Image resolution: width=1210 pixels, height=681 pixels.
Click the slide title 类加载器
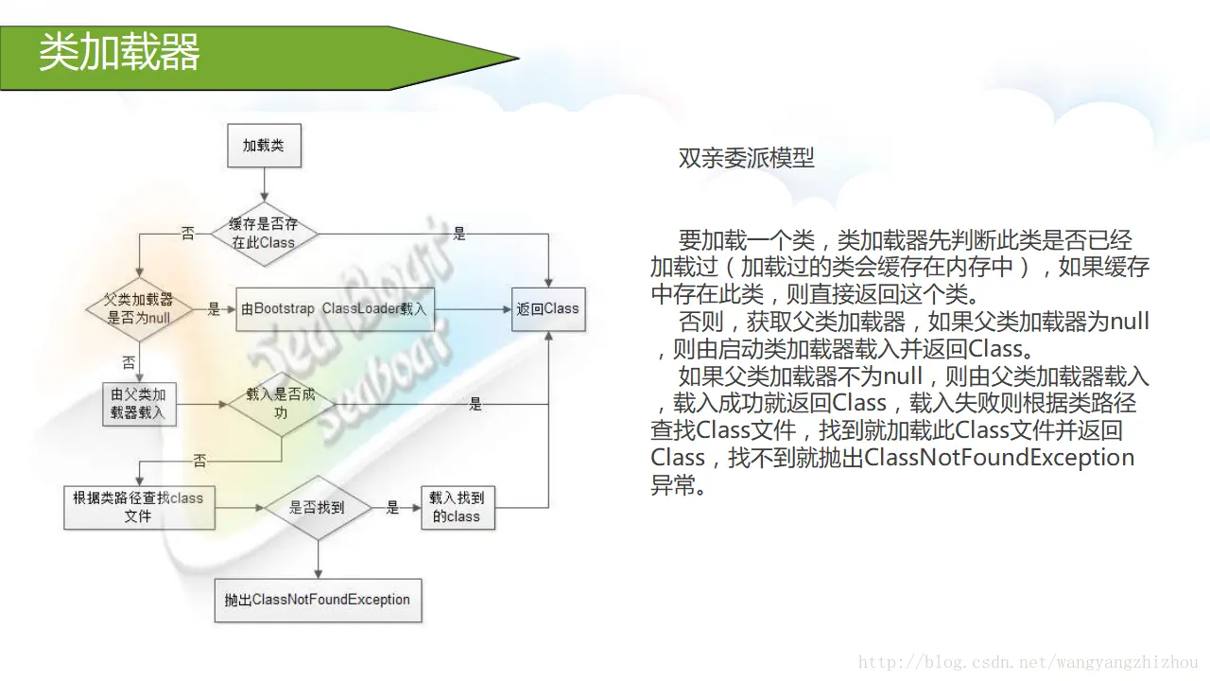tap(119, 54)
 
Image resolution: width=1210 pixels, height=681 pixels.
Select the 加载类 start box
tap(264, 146)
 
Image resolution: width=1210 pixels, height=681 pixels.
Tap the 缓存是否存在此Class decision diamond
tap(264, 233)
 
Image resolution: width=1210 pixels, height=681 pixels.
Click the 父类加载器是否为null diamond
tap(139, 309)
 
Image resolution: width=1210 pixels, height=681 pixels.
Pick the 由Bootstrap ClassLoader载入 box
tap(335, 309)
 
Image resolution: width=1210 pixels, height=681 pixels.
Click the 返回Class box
tap(548, 308)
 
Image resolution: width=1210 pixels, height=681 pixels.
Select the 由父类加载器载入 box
tap(138, 404)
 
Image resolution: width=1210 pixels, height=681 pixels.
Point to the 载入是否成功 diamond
tap(281, 403)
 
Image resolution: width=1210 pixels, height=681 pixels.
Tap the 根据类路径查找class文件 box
tap(138, 507)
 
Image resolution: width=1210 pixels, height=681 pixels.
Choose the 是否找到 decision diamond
tap(317, 508)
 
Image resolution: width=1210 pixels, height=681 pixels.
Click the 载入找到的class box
tap(457, 507)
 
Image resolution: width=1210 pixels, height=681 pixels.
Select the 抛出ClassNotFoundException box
tap(318, 600)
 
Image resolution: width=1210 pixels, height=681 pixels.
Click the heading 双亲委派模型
tap(747, 158)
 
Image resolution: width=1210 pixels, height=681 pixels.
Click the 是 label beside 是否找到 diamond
tap(392, 508)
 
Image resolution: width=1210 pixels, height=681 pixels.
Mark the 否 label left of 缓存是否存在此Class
tap(187, 234)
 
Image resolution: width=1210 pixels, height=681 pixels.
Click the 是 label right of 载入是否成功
tap(475, 404)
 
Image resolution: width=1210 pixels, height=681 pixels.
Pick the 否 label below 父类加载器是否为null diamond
tap(129, 361)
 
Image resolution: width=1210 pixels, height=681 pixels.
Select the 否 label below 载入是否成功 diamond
tap(199, 461)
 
